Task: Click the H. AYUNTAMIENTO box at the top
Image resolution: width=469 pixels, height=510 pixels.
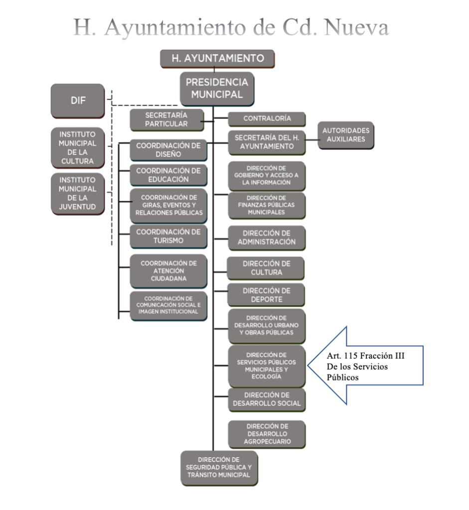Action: pos(217,59)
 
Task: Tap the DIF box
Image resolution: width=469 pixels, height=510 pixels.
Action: pos(77,101)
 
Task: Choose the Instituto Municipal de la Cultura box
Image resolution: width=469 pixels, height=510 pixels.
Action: pos(77,148)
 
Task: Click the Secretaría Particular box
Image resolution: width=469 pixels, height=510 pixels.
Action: pos(167,120)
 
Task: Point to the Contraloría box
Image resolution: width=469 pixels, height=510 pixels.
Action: pos(267,119)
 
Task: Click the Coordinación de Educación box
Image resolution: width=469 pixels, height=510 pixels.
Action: pos(168,175)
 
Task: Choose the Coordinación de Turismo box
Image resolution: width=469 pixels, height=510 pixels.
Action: pos(168,237)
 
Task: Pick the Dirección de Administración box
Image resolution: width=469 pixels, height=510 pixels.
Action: pos(267,238)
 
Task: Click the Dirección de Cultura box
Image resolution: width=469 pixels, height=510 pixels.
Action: pos(267,268)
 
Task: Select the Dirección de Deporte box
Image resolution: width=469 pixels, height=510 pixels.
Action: pos(267,295)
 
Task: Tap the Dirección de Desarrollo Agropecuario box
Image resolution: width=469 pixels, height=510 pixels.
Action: pos(267,434)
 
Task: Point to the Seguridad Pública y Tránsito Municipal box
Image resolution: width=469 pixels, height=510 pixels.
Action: pos(219,468)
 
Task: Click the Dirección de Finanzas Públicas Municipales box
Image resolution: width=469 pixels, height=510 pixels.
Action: pos(267,205)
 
